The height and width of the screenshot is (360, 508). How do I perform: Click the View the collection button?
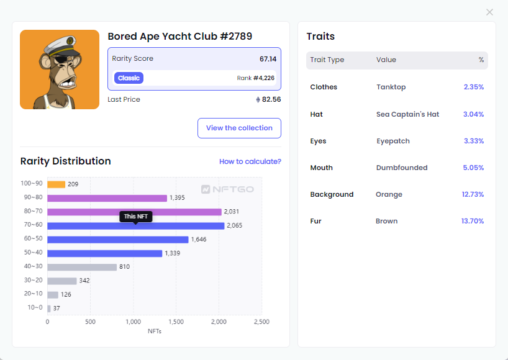click(239, 128)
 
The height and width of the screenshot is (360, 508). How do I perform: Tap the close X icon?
click(489, 12)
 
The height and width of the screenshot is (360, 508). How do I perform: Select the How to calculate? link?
click(250, 161)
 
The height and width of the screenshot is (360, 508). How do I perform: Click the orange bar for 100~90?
click(56, 184)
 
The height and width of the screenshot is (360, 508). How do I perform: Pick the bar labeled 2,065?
click(135, 226)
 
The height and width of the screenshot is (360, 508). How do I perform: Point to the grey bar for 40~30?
click(82, 267)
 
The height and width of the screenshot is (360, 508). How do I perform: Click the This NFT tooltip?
click(135, 216)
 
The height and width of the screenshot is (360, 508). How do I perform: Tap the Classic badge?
click(129, 78)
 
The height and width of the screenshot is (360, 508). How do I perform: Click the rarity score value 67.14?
click(268, 59)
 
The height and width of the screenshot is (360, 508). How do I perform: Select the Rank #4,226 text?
click(255, 78)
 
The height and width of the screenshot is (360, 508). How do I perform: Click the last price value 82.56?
click(271, 99)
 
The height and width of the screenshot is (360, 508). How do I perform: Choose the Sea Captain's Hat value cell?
click(407, 114)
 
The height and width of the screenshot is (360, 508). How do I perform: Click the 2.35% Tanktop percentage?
click(473, 87)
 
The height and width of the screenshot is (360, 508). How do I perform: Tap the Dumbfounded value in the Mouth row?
click(402, 168)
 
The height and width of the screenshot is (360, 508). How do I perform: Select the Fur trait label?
click(316, 221)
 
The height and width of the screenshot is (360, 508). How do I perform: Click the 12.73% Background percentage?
click(473, 194)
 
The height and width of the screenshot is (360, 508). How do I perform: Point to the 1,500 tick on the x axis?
click(176, 322)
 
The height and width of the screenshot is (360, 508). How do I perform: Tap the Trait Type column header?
click(327, 60)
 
